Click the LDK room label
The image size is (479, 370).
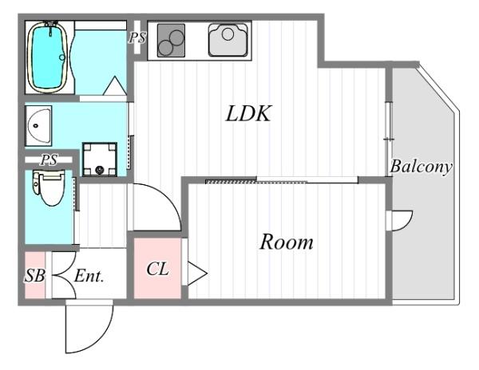pos(248,113)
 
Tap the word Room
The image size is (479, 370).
pos(287,242)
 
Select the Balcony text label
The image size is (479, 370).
pos(421,167)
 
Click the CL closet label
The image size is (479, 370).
pos(157,269)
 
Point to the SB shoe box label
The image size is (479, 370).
pos(35,276)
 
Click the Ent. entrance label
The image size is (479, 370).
pos(89,276)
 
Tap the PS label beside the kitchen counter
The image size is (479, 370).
pos(137,37)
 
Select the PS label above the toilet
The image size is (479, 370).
pos(49,159)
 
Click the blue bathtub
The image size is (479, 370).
pos(47,57)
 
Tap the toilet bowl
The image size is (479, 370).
pos(50,188)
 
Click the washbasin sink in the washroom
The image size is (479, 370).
pos(38,126)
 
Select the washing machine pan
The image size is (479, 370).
pos(100,159)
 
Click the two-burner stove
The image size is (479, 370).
pos(171,41)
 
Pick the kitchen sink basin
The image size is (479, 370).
pos(228,40)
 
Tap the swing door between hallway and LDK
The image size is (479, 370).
pos(165,199)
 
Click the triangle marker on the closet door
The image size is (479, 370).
pos(197,274)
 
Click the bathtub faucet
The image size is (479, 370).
pos(51,28)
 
